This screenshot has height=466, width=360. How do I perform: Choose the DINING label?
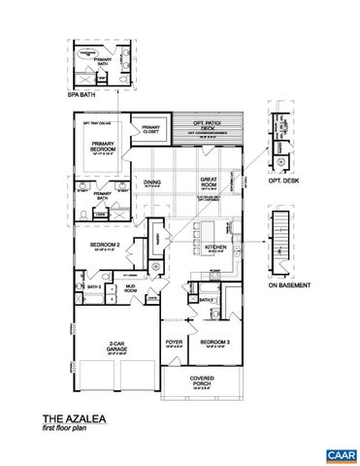tap(151, 182)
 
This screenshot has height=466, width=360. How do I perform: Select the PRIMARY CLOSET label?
tap(150, 129)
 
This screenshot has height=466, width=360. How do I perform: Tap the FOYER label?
tap(175, 343)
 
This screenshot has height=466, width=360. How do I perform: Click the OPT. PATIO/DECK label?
tap(204, 127)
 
